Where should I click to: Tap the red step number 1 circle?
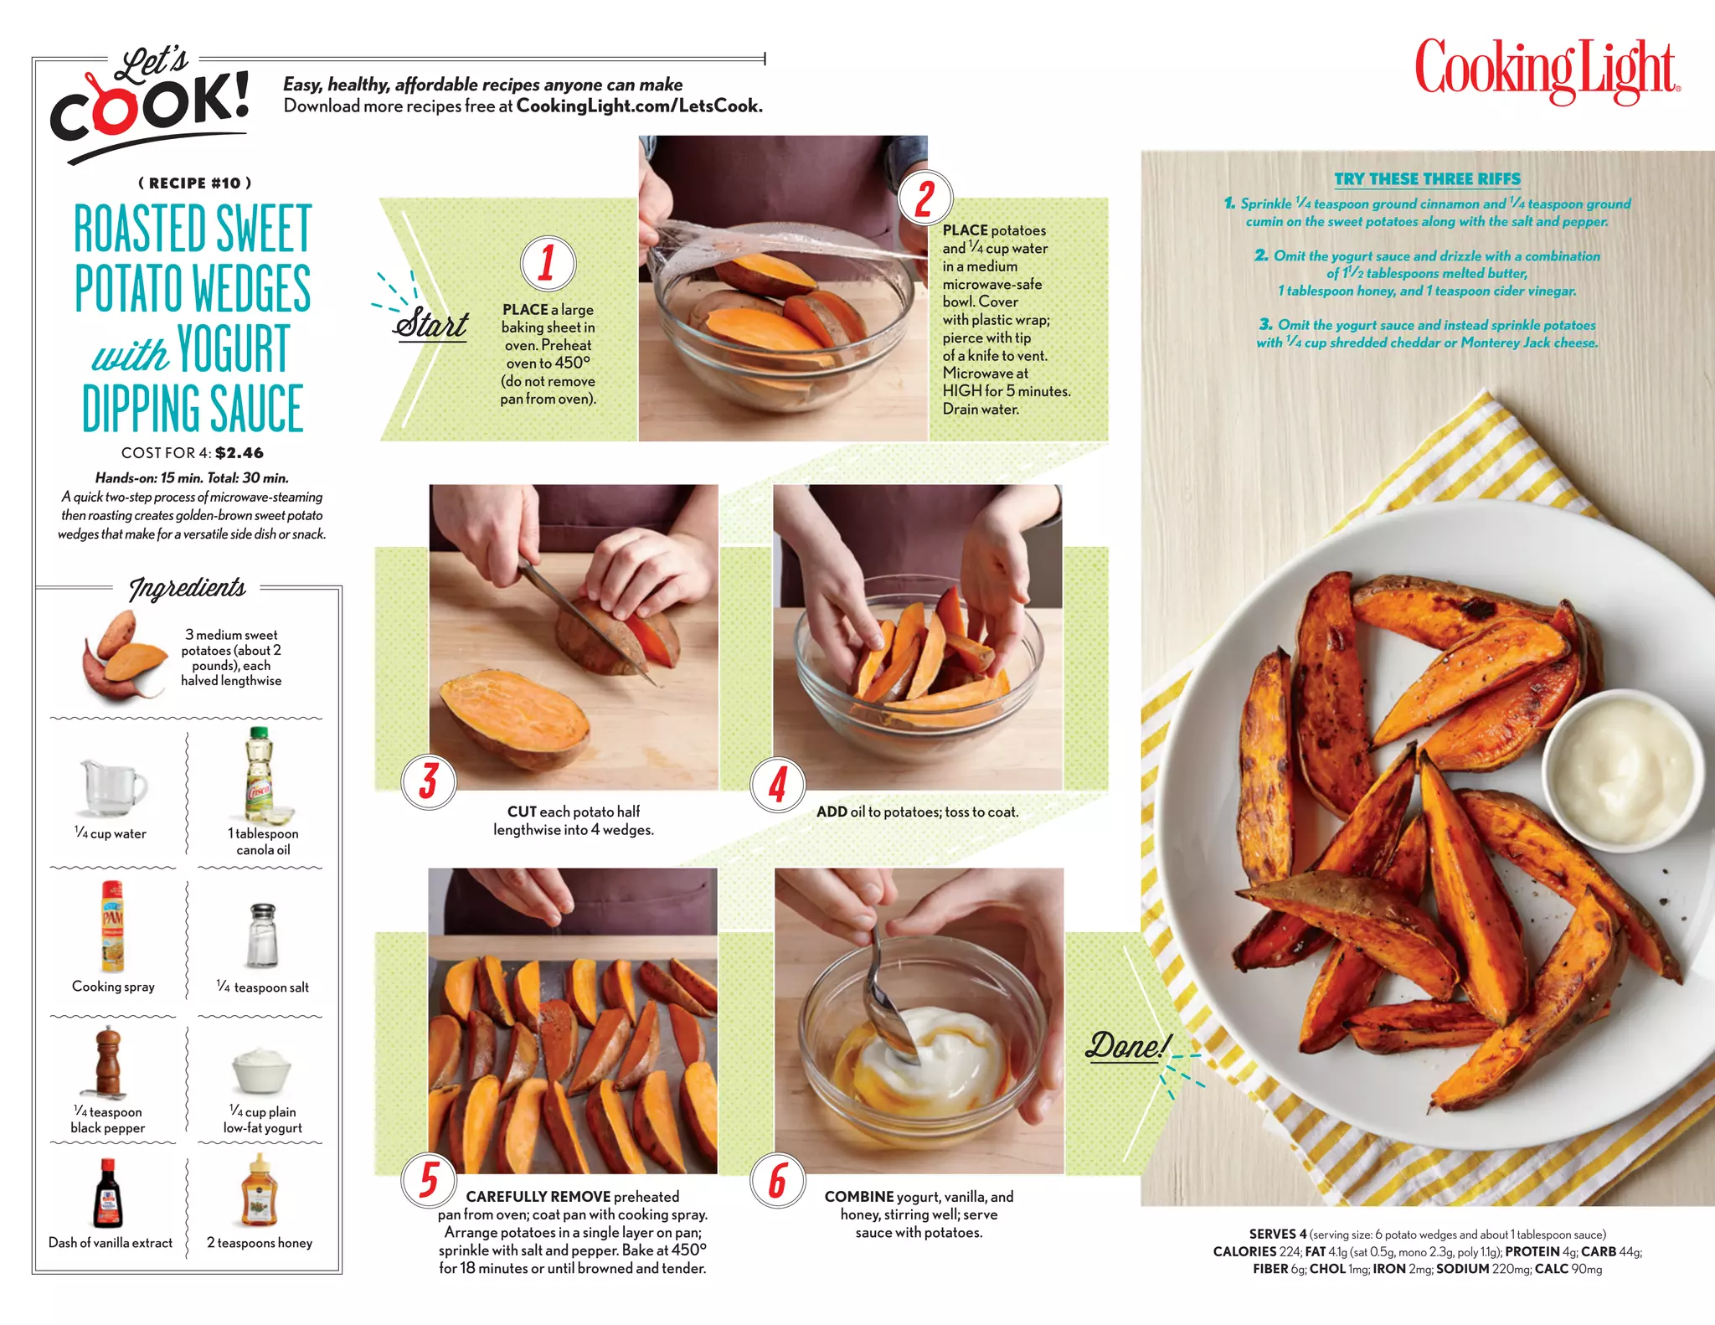(x=548, y=263)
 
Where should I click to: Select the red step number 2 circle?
(x=924, y=198)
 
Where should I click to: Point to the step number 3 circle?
(x=429, y=781)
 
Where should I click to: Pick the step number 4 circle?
(x=778, y=784)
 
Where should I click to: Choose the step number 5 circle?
(x=429, y=1179)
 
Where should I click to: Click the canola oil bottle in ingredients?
(x=260, y=775)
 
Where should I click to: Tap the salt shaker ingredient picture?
(x=263, y=936)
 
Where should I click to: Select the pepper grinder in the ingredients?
(x=108, y=1062)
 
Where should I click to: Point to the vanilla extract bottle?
(x=108, y=1194)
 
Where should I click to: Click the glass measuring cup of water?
(x=113, y=786)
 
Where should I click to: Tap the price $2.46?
(x=239, y=453)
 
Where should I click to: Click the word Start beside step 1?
(x=430, y=323)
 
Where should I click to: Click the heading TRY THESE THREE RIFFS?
(x=1427, y=179)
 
